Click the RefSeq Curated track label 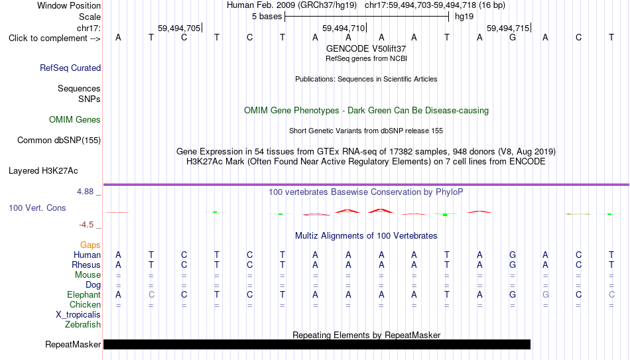pos(70,68)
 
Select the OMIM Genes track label pos(75,120)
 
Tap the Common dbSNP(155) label pos(59,141)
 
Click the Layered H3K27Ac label pos(43,171)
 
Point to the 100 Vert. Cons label pos(37,208)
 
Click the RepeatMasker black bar pos(317,344)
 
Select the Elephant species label pos(84,294)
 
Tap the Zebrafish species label pos(83,324)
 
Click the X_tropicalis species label pos(78,315)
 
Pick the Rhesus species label pos(86,265)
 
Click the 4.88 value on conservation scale pos(85,192)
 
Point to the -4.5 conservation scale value pos(86,225)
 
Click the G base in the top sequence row pos(512,37)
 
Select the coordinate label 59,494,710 pos(344,28)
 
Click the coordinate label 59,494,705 pos(179,28)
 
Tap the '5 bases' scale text pos(267,17)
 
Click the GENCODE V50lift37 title pos(366,48)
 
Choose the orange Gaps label pos(90,245)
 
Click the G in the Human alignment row pos(512,255)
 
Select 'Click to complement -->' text pos(54,38)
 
